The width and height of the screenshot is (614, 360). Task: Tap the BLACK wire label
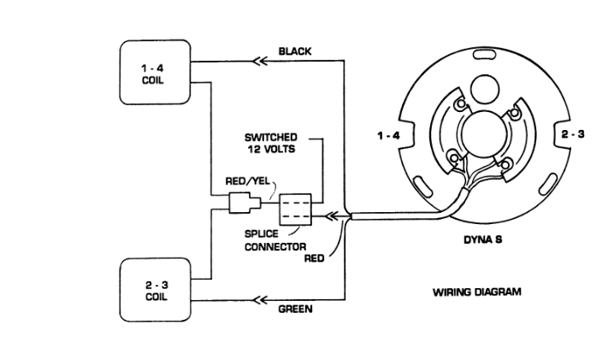pos(295,51)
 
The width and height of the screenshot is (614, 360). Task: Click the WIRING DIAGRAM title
pos(477,292)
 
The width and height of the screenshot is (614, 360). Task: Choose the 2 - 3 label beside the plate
pos(571,136)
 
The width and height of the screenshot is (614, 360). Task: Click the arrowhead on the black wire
pos(255,62)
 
